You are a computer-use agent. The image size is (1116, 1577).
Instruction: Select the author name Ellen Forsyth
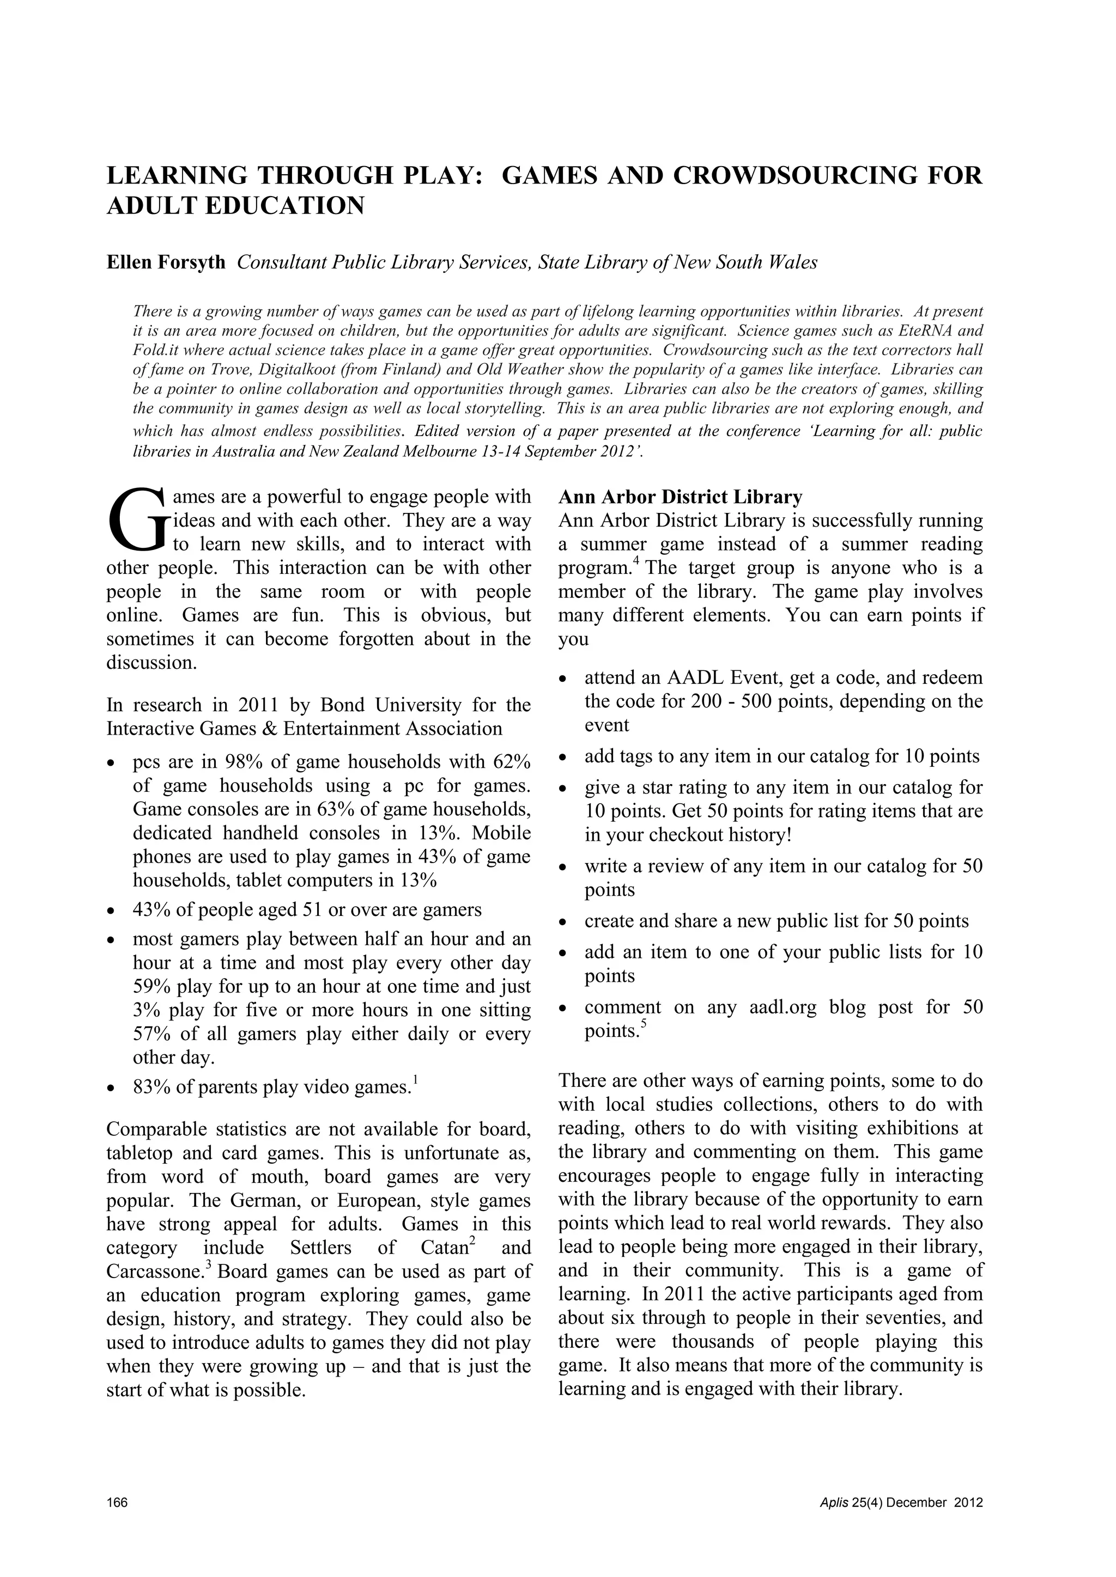(x=166, y=263)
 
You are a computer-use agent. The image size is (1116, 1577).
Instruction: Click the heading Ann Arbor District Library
(x=680, y=497)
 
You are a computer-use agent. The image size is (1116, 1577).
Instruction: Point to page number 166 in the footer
(x=118, y=1503)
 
